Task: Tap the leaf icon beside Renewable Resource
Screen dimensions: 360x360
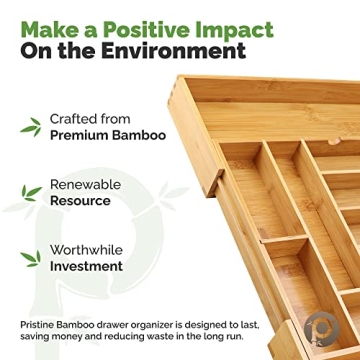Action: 31,192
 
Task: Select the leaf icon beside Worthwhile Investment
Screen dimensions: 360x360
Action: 31,258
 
